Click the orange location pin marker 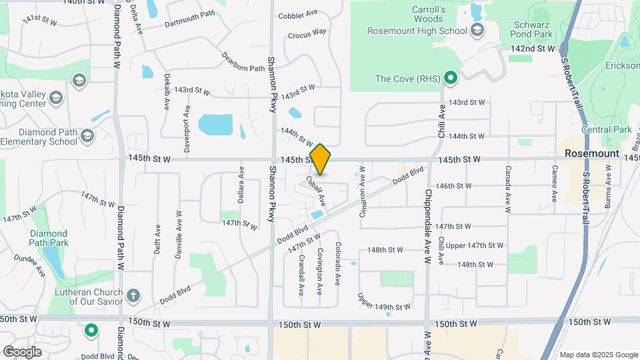coord(321,159)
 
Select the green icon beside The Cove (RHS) coord(451,79)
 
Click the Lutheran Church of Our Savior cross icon coord(133,295)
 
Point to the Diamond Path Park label coord(49,238)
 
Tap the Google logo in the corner coord(22,351)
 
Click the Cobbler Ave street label coord(297,15)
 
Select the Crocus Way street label coord(307,33)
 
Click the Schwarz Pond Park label coord(531,29)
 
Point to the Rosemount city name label coord(592,153)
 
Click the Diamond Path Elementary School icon coord(86,136)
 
